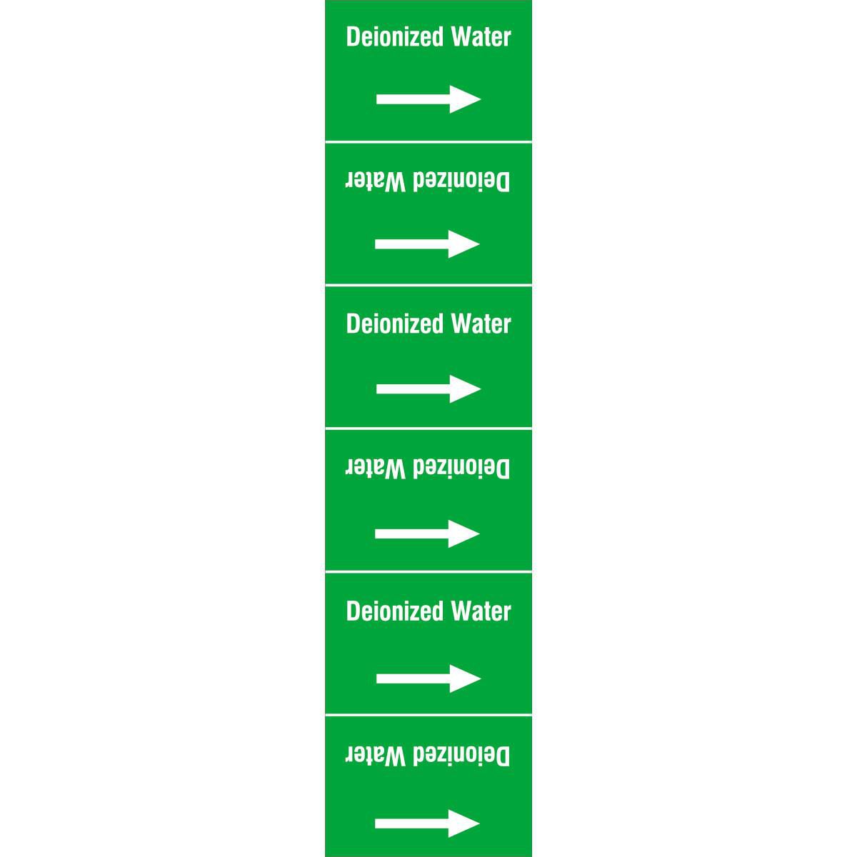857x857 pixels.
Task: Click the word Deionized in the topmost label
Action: [x=394, y=36]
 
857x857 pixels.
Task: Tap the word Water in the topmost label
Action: [x=481, y=36]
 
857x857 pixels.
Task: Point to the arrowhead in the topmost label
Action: [x=465, y=99]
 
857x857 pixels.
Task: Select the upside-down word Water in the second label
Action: [x=376, y=181]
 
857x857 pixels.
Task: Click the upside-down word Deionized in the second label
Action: [x=461, y=181]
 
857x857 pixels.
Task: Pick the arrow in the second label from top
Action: [x=427, y=244]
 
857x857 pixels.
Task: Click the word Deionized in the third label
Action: [x=394, y=324]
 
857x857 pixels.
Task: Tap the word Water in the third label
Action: [x=481, y=324]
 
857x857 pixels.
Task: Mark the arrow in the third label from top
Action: [x=428, y=389]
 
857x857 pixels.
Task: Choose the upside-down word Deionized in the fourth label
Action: [x=461, y=468]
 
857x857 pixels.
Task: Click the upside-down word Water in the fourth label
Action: [x=376, y=468]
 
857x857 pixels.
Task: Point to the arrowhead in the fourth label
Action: [x=464, y=533]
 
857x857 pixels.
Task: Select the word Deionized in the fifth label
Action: [x=394, y=611]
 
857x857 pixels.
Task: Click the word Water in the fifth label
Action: [x=481, y=611]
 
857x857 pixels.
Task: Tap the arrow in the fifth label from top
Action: [x=428, y=678]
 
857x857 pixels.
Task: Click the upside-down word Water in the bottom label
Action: [x=376, y=756]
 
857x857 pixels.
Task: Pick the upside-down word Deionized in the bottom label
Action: [x=461, y=756]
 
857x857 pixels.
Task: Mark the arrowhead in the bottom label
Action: [x=464, y=823]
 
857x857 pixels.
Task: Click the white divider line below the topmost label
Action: [x=428, y=142]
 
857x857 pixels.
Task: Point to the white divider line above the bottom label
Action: [x=428, y=716]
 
